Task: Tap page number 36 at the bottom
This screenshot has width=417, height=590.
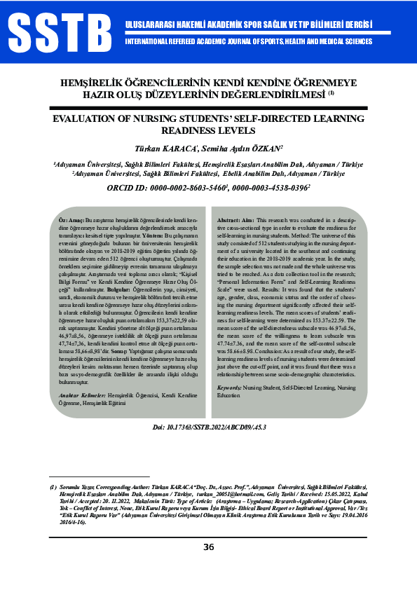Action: coord(209,548)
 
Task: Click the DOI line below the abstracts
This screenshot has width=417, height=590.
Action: coord(209,426)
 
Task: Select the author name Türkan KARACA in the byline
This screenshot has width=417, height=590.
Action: coord(166,149)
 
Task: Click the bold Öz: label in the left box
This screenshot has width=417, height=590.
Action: coord(61,220)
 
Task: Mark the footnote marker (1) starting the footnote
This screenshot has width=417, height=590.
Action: coord(53,486)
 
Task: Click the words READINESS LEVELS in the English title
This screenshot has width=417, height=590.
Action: coord(208,130)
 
